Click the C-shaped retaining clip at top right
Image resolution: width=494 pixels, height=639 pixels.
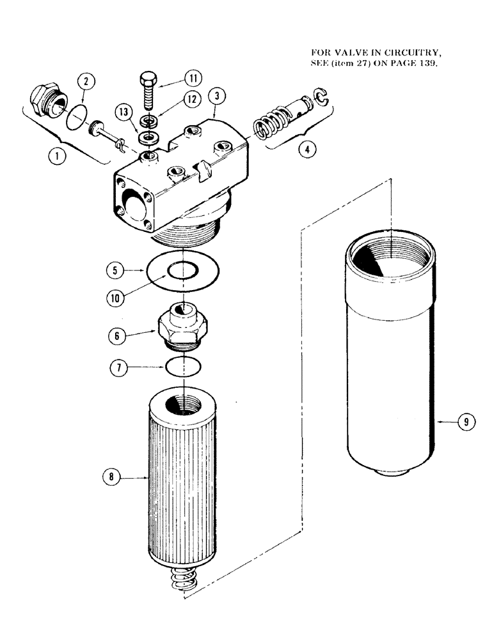click(325, 98)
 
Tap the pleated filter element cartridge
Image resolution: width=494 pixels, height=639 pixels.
click(184, 486)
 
